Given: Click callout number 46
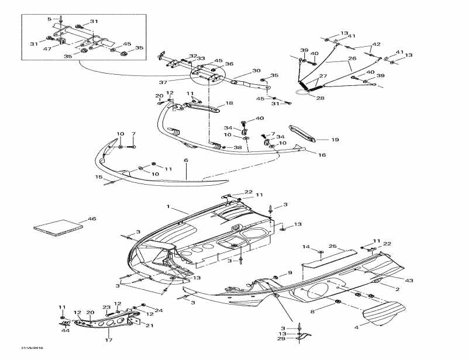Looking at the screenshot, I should pos(91,219).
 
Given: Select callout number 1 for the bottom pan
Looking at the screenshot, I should pos(168,207).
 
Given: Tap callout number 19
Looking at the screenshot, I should pos(335,140).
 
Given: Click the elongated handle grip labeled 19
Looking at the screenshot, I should pos(304,133).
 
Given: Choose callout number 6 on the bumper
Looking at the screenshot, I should pos(186,160).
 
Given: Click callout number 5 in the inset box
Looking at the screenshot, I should pos(49,19).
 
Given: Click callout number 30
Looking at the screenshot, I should pos(256,71).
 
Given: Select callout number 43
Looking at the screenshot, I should pos(409,281).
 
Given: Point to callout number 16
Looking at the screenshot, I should pos(321,155).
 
